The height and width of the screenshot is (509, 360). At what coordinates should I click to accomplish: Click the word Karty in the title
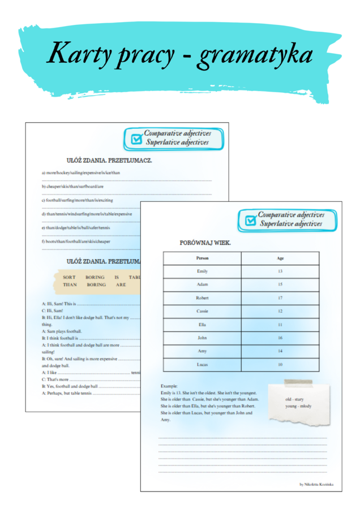[78, 54]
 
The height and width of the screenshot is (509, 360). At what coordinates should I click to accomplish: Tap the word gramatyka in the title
[256, 55]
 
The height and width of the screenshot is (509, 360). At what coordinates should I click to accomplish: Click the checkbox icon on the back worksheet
[136, 139]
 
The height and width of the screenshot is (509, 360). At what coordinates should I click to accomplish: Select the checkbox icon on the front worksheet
[249, 221]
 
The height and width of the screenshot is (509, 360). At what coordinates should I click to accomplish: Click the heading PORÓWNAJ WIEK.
[205, 243]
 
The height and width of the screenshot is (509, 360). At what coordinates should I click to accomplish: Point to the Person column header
[202, 258]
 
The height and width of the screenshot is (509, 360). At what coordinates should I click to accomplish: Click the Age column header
[280, 258]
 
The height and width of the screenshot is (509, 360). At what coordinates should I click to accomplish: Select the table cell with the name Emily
[202, 271]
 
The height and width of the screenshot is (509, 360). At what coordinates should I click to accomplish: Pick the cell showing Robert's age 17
[280, 297]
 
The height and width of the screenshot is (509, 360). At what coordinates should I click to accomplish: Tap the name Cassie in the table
[202, 311]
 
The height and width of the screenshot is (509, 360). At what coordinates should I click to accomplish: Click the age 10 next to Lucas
[280, 365]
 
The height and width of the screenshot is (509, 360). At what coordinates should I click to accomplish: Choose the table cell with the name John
[202, 338]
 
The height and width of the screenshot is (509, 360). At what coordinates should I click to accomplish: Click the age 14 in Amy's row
[280, 351]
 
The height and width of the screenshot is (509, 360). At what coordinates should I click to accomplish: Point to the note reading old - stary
[294, 399]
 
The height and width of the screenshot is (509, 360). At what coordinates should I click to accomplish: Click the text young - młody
[298, 406]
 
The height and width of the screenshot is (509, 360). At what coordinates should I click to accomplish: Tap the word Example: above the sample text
[169, 386]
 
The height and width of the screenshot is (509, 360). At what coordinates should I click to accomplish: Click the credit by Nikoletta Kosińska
[316, 484]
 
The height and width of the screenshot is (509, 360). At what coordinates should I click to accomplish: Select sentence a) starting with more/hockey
[80, 172]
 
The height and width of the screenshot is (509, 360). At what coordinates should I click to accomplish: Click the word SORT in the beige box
[69, 278]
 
